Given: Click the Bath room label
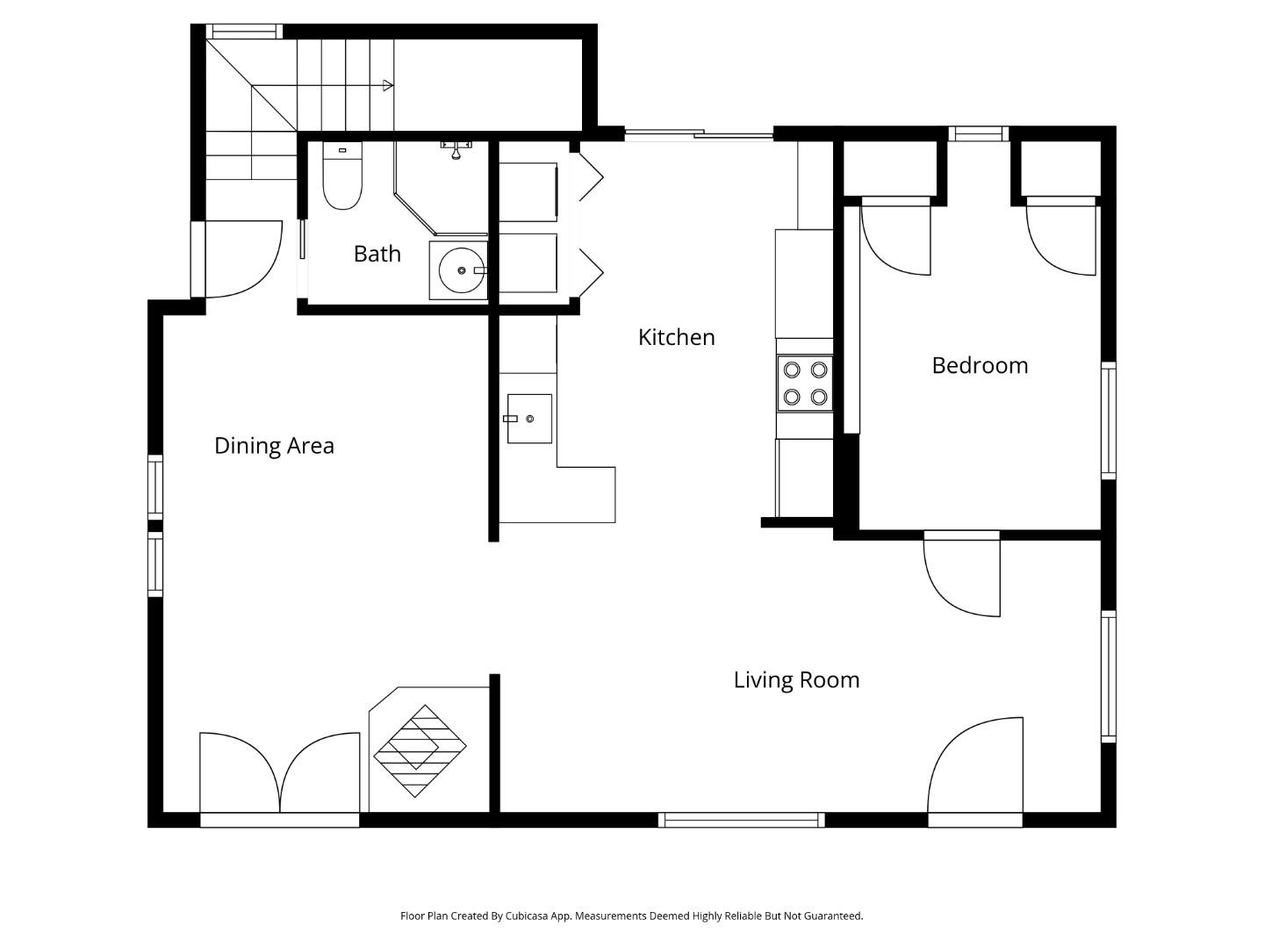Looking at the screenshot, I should (x=377, y=254).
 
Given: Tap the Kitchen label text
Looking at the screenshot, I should (x=676, y=337).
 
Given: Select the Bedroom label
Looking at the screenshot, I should (x=980, y=365).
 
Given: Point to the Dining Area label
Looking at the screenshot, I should (x=274, y=446).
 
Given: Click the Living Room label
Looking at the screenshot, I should (x=796, y=680).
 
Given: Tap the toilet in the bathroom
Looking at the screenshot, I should (x=342, y=179).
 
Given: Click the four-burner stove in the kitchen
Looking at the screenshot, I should (x=805, y=384).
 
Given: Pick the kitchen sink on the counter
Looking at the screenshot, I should (x=529, y=419).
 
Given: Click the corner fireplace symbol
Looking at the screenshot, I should (x=420, y=750).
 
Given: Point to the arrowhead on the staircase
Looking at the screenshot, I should (x=387, y=85).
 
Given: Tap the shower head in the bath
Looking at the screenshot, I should (x=456, y=151).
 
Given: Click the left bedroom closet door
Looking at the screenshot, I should (x=896, y=236).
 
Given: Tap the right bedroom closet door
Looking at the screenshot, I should (x=1061, y=236).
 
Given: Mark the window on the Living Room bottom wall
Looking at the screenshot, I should (x=741, y=820).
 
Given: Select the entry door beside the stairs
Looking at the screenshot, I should (x=239, y=260).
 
